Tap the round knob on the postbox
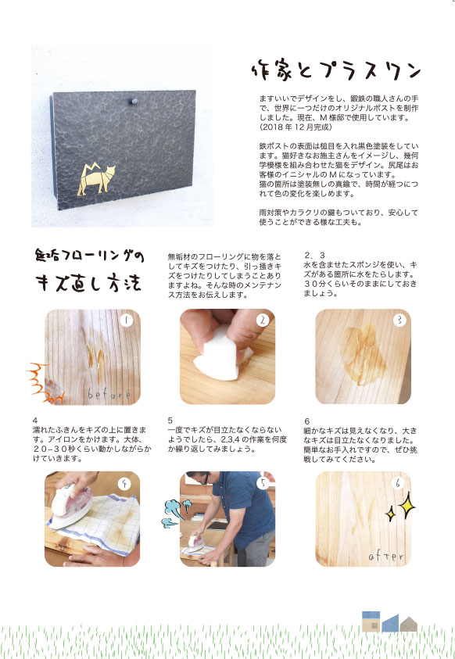[134, 102]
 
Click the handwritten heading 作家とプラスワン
[335, 70]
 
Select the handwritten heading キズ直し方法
[88, 283]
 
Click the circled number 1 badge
[126, 321]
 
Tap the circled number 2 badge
[263, 321]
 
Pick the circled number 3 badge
[399, 321]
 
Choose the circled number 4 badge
[124, 484]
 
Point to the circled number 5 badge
[263, 483]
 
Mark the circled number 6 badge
[398, 483]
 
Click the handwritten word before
[109, 394]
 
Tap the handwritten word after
[386, 556]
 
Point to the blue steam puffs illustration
[176, 513]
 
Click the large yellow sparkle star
[407, 505]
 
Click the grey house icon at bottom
[408, 624]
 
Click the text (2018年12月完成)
[296, 127]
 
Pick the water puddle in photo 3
[362, 355]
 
